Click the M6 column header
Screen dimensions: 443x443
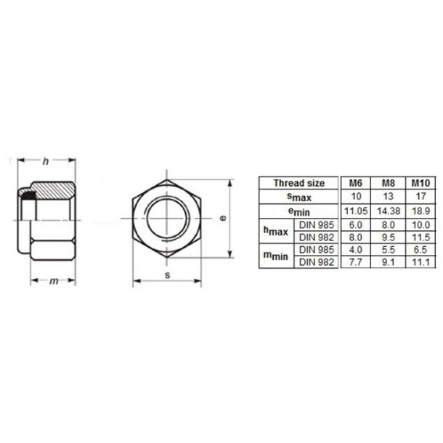pos(354,184)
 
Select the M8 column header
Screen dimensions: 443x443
pos(383,184)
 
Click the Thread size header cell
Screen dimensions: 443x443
pos(299,184)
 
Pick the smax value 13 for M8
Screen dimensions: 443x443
pos(383,197)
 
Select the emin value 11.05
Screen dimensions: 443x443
pos(354,210)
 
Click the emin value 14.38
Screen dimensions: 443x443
pos(383,210)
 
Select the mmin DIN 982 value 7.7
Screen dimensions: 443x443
pos(354,262)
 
